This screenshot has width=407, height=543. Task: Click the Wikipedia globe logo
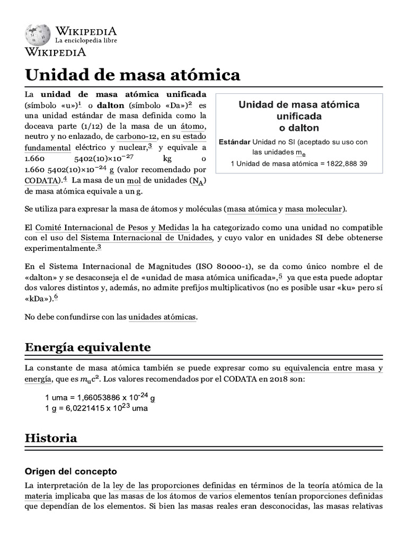[x=37, y=33]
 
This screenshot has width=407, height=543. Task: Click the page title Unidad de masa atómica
[x=132, y=75]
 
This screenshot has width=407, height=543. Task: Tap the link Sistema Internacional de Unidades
[x=147, y=238]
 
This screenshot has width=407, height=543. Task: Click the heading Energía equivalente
[x=87, y=347]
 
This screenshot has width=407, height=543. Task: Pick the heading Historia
[x=51, y=438]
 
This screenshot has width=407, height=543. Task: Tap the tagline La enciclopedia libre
[x=86, y=40]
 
